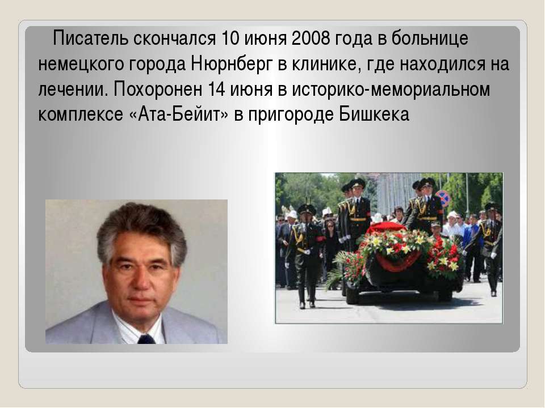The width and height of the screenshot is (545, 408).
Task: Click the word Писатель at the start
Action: (90, 38)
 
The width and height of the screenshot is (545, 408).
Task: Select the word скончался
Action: (174, 38)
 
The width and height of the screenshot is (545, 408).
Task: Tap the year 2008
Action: (311, 38)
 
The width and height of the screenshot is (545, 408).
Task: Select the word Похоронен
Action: (158, 90)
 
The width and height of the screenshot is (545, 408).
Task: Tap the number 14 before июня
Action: (216, 90)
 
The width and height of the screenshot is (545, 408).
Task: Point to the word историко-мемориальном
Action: (391, 90)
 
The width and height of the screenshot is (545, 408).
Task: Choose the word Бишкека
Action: (374, 114)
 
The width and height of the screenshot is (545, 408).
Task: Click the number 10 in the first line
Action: (230, 38)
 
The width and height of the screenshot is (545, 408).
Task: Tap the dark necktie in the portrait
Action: (146, 339)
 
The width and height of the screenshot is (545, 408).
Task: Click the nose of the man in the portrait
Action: (141, 279)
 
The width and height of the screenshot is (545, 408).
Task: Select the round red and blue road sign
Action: (442, 198)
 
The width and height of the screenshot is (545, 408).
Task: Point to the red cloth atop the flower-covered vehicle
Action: (387, 228)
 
